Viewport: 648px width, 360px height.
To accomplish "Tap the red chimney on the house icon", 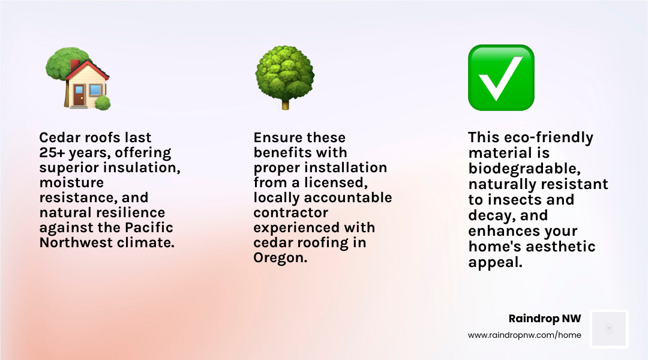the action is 75,65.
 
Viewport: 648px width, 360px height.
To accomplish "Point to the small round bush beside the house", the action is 103,103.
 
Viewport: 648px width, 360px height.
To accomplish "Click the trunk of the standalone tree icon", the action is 285,104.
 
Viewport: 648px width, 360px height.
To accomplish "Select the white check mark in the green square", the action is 500,79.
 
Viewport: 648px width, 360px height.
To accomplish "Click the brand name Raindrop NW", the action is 545,319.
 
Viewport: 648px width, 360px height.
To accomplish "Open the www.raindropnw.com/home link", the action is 524,335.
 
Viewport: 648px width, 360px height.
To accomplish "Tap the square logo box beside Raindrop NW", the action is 609,329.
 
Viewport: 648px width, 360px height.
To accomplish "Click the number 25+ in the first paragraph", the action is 52,152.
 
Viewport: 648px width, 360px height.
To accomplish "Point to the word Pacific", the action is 149,227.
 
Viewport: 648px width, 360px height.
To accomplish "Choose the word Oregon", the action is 280,258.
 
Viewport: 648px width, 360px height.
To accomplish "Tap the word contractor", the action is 290,212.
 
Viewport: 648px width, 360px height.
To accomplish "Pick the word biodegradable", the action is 524,169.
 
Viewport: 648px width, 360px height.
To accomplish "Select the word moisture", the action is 71,182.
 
